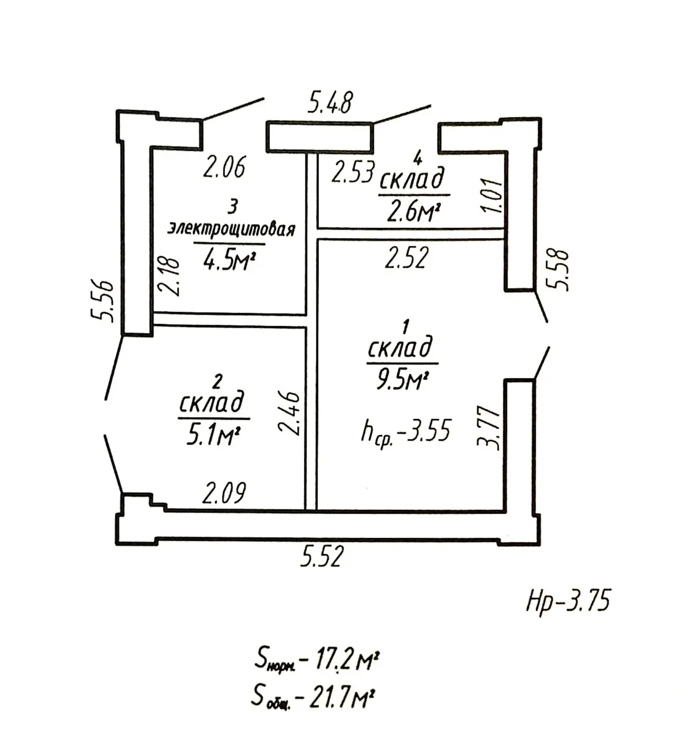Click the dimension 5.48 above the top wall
tap(330, 102)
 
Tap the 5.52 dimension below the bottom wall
tap(322, 556)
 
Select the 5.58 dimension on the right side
tap(557, 270)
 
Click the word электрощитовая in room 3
tap(231, 229)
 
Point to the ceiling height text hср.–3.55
tap(406, 431)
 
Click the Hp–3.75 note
tap(568, 602)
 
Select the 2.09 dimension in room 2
tap(224, 493)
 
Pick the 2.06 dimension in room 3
tap(224, 167)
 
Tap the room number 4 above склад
tap(418, 159)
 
